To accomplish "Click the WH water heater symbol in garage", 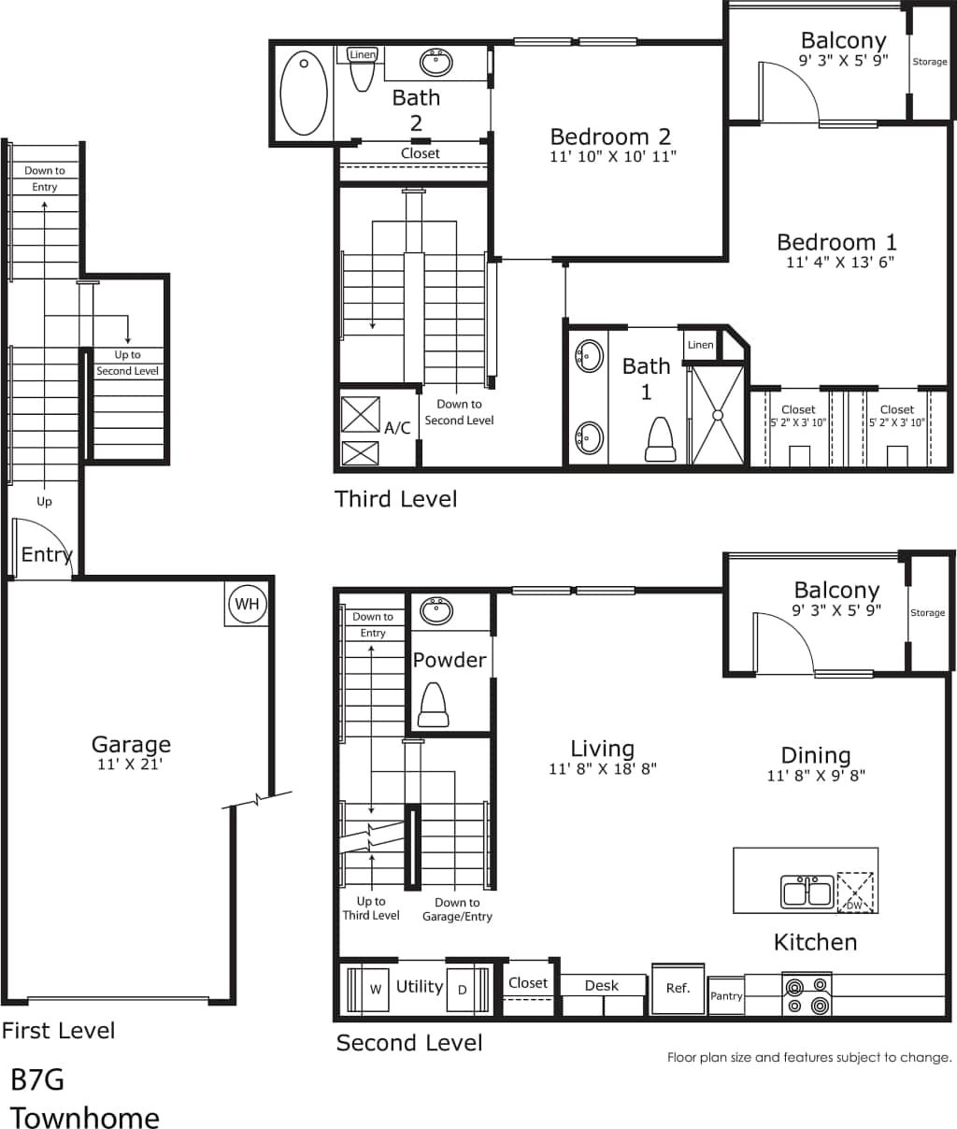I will [247, 604].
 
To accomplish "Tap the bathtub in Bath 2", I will [304, 93].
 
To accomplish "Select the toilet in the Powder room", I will [433, 706].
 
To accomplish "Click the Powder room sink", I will [436, 611].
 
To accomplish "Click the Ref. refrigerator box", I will [678, 989].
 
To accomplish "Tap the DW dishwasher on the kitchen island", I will [855, 892].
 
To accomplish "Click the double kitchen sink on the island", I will [807, 892].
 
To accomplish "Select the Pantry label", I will [726, 996].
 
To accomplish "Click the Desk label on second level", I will [602, 985].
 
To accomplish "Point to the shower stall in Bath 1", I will [718, 414].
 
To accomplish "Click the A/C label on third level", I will [397, 428].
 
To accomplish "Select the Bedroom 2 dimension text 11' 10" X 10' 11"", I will [612, 157].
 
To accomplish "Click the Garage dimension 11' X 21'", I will [131, 765].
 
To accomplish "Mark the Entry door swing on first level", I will [42, 550].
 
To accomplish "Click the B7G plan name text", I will [37, 1079].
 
